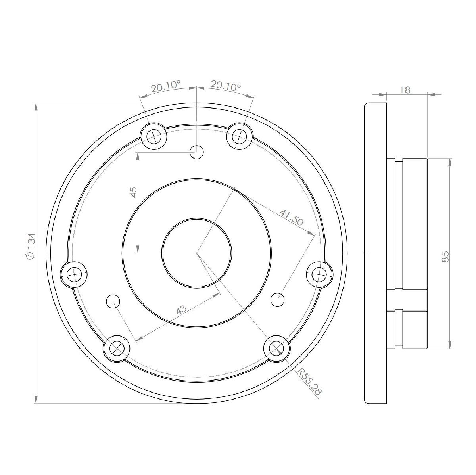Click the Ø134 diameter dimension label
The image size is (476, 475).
pyautogui.click(x=32, y=245)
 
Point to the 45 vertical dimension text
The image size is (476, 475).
pyautogui.click(x=133, y=192)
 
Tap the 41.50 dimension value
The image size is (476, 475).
pyautogui.click(x=291, y=218)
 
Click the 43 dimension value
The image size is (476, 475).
pyautogui.click(x=182, y=309)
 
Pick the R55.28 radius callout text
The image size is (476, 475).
pyautogui.click(x=310, y=385)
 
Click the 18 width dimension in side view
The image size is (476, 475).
pyautogui.click(x=405, y=90)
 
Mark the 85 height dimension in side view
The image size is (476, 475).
pyautogui.click(x=445, y=257)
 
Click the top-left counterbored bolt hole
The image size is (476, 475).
pyautogui.click(x=153, y=136)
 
